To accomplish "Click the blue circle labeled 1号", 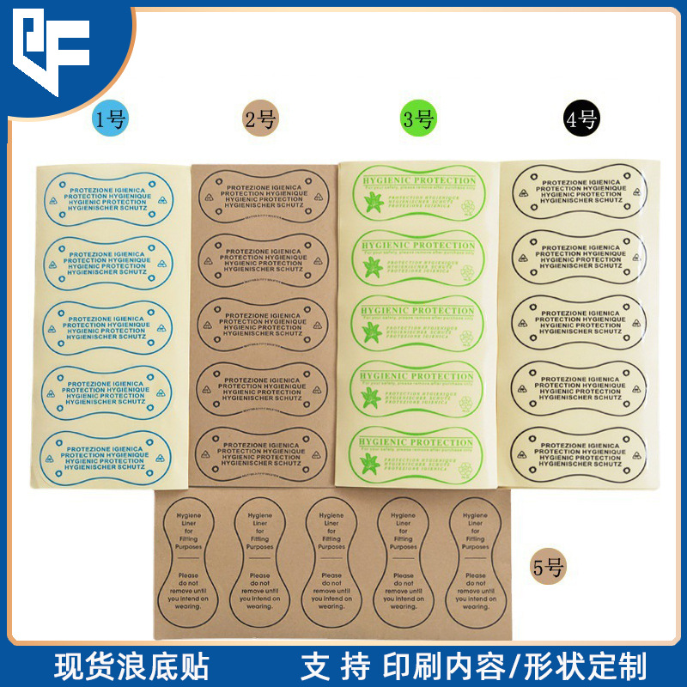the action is (x=110, y=119).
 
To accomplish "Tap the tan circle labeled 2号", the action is (x=259, y=119).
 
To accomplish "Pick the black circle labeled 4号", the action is (x=581, y=119).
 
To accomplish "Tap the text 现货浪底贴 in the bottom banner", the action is (x=131, y=666).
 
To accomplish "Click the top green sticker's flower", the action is (x=374, y=204).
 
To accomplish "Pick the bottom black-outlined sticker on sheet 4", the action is (x=580, y=453).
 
